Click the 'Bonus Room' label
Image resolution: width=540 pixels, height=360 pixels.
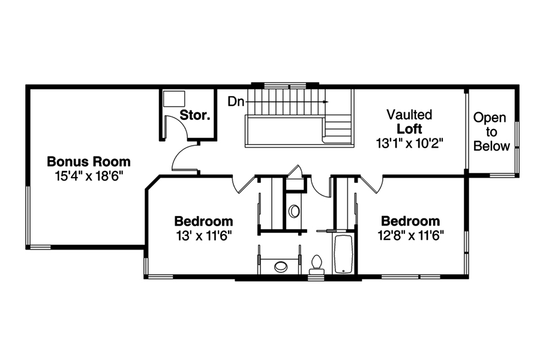point(89,161)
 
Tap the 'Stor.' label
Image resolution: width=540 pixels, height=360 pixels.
point(195,115)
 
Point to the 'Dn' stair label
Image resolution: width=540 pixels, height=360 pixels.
point(235,101)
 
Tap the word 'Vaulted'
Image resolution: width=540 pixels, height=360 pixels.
point(409,115)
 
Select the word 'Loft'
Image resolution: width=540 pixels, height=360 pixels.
point(409,129)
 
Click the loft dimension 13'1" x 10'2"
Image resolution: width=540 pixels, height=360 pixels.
point(409,143)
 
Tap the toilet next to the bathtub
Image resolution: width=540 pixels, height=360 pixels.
point(317,264)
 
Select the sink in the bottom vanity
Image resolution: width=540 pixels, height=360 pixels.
point(281,266)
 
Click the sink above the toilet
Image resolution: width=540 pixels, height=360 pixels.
point(294,211)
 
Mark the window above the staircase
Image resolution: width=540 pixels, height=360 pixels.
point(284,84)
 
